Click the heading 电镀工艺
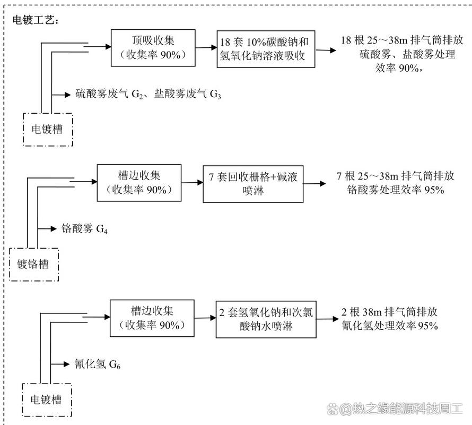point(36,20)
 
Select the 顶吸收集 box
point(153,47)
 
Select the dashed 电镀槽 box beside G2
point(47,129)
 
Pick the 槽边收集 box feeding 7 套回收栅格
point(138,182)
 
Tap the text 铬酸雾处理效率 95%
point(395,190)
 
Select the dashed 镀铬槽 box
point(33,263)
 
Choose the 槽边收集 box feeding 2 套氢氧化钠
point(152,318)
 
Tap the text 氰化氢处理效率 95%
point(390,325)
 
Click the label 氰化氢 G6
point(99,364)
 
